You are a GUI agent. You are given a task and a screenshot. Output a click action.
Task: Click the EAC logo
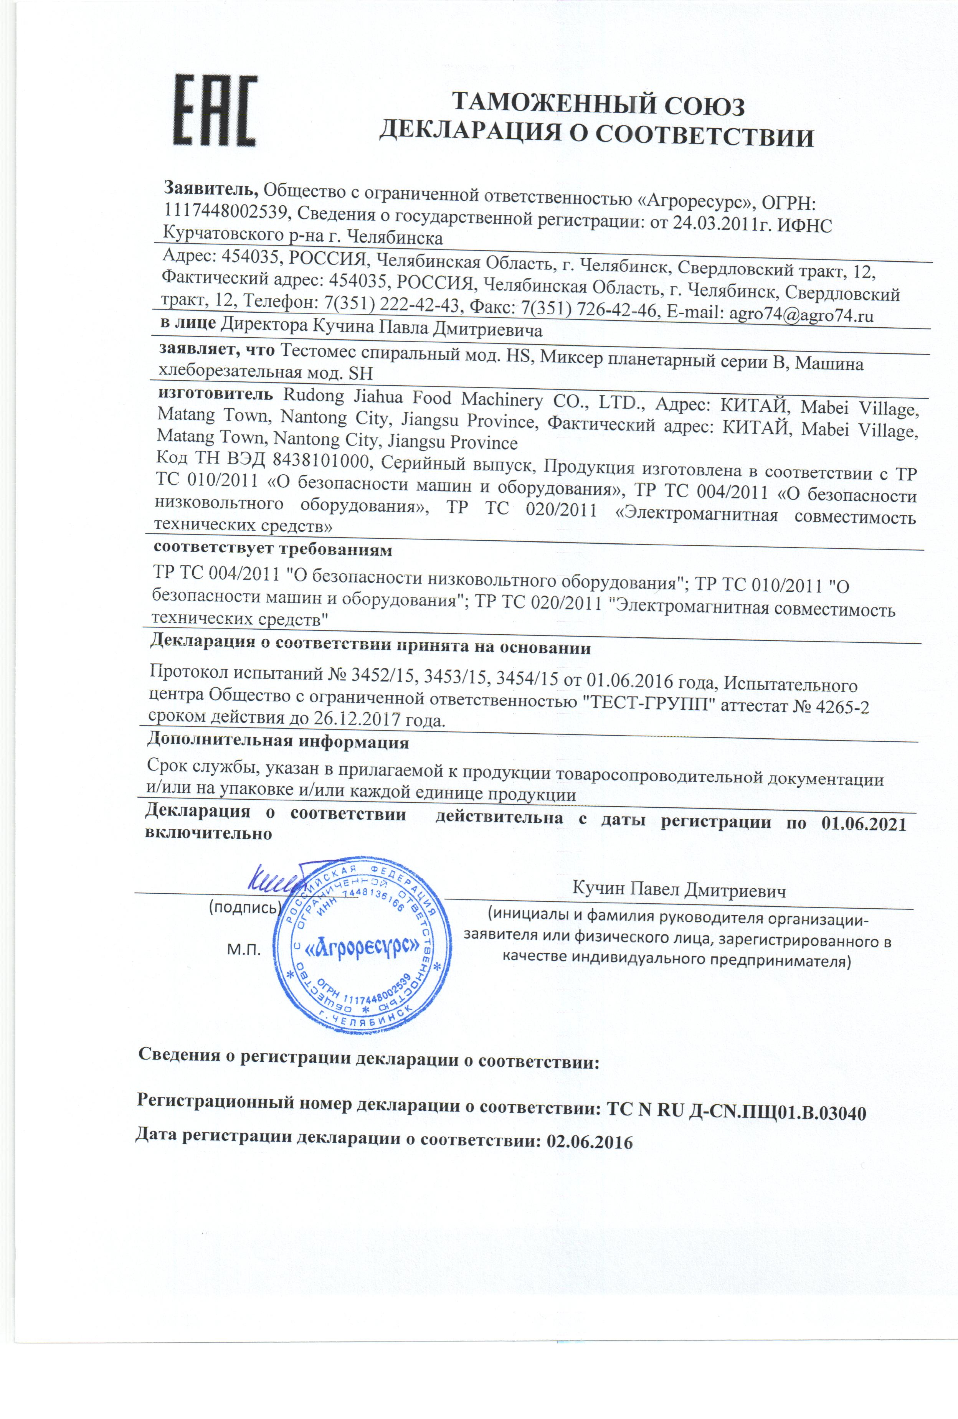[x=216, y=111]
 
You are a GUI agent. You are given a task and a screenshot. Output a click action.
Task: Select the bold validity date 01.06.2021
[x=863, y=824]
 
